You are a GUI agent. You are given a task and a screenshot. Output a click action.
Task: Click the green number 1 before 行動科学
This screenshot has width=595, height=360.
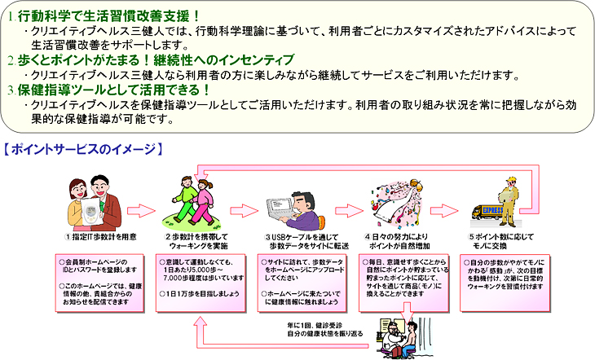pos(10,14)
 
